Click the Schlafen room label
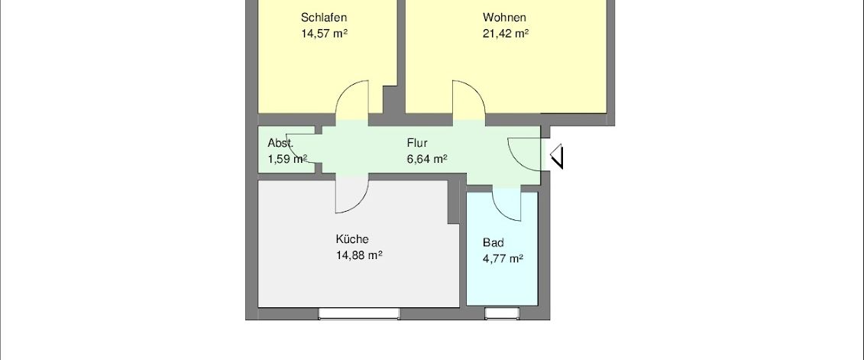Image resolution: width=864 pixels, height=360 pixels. [325, 18]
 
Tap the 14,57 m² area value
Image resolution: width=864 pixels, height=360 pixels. [325, 34]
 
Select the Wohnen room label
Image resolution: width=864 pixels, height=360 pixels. [504, 18]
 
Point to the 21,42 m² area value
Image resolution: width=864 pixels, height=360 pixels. [506, 34]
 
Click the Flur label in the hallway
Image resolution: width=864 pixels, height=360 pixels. [417, 143]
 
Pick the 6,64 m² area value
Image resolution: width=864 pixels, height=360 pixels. [426, 159]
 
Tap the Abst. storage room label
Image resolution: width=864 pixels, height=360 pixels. [280, 143]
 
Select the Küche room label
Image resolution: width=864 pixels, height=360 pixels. [352, 239]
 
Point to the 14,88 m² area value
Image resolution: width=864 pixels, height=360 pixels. [359, 256]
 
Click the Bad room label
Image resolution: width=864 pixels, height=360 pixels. [493, 242]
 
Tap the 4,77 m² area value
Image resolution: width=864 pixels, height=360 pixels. [503, 259]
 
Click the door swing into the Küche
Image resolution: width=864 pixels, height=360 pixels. [351, 196]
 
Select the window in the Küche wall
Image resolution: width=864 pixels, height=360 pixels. [358, 313]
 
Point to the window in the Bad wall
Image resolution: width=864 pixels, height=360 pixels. [502, 313]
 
